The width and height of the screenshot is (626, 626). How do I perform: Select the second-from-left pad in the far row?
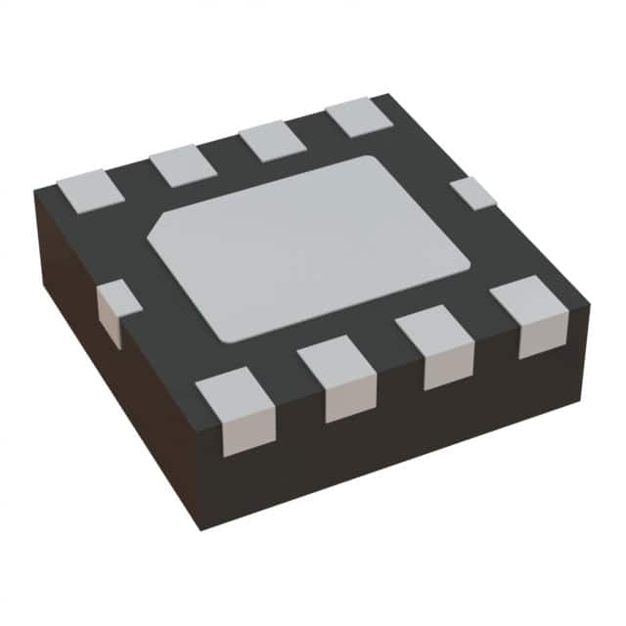(183, 165)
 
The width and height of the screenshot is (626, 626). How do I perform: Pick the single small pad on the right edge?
(474, 193)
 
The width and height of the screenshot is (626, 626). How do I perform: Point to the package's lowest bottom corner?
(200, 528)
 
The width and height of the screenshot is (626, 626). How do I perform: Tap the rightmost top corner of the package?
(590, 290)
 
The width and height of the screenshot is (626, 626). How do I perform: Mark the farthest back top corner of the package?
(389, 96)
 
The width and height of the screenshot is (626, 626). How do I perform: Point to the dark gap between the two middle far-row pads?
(228, 154)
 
